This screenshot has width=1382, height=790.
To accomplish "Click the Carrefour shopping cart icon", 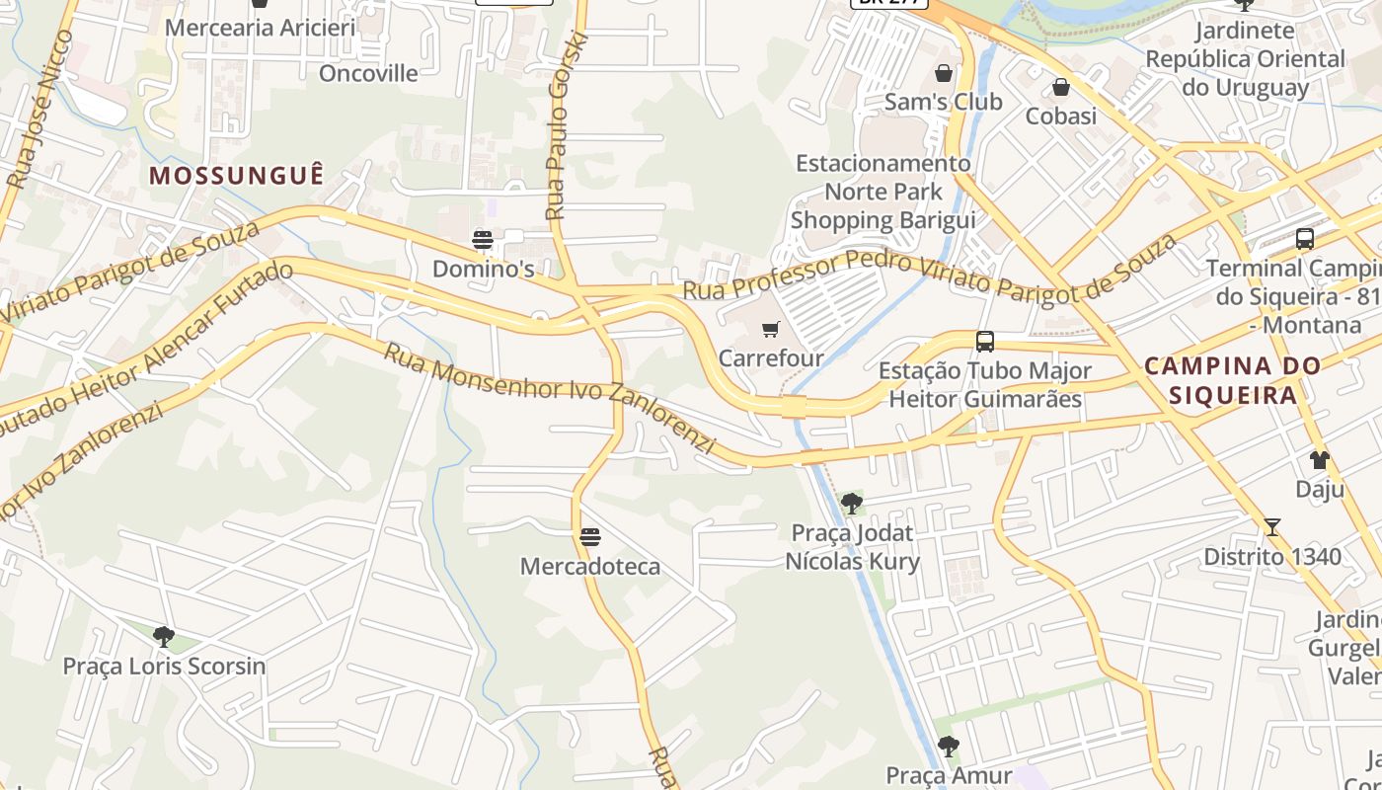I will point(770,329).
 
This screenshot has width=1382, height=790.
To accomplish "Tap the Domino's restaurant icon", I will point(482,239).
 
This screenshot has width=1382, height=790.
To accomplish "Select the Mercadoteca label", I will point(590,567).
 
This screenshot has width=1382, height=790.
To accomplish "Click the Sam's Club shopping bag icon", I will point(944,73).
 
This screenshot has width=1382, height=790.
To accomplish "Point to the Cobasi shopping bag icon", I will point(1061,88).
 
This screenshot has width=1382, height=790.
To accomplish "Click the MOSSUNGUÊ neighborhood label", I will point(236,176).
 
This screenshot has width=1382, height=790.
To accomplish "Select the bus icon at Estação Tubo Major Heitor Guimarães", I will point(984,342).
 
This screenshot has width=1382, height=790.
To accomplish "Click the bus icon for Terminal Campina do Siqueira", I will point(1304,239).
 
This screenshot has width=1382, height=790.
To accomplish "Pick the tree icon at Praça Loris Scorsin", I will point(164,636).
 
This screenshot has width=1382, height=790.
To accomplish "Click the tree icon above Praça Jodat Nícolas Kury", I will point(851,504).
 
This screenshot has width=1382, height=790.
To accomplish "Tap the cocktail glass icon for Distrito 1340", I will point(1271,527).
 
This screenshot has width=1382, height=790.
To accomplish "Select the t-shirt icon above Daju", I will point(1319,460).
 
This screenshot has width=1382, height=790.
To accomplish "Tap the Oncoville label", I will point(368,73).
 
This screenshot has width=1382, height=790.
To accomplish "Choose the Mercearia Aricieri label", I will point(260,27).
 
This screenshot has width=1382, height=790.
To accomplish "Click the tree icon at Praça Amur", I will point(948,746).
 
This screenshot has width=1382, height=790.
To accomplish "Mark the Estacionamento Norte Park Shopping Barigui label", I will point(883,192).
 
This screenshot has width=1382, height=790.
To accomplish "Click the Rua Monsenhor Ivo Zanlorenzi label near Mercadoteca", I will point(549,398).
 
